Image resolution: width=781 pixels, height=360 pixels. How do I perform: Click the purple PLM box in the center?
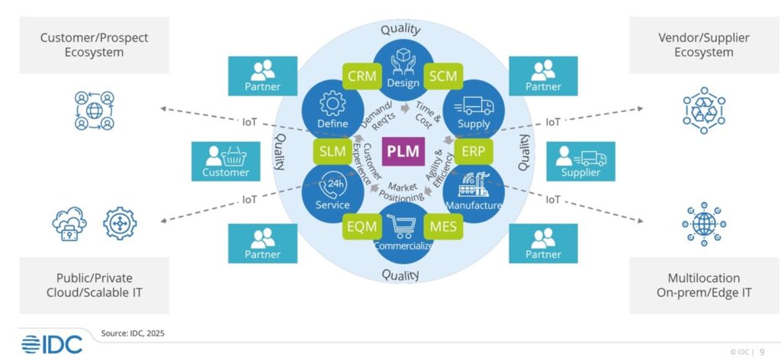tap(402, 150)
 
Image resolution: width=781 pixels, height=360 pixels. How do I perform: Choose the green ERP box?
tap(473, 150)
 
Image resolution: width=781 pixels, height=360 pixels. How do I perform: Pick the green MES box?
tap(444, 226)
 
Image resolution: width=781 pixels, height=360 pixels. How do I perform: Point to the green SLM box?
tap(333, 151)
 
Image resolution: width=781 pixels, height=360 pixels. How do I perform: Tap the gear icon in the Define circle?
tap(333, 104)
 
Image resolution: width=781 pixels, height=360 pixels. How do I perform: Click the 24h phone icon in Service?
tap(333, 185)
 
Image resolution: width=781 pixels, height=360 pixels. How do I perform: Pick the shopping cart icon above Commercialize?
tap(402, 225)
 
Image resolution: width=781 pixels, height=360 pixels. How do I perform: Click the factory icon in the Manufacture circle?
tap(474, 185)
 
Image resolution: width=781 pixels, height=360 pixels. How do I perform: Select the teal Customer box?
tap(226, 161)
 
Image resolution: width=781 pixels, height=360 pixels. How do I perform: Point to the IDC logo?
tap(51, 343)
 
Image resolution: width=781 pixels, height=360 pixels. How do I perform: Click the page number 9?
tap(762, 352)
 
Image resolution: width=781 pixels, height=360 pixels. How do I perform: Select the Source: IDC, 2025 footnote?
tap(133, 333)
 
